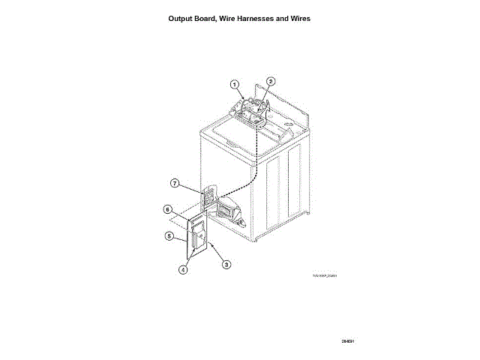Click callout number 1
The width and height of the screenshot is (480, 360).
(235, 84)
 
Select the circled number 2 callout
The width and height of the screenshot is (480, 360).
(271, 81)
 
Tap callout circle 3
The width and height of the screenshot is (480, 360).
(226, 264)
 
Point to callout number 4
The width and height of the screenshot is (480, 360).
(183, 271)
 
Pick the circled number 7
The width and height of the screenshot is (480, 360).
(174, 183)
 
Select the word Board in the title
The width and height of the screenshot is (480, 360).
(213, 18)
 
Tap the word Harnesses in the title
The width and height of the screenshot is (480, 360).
(267, 18)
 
